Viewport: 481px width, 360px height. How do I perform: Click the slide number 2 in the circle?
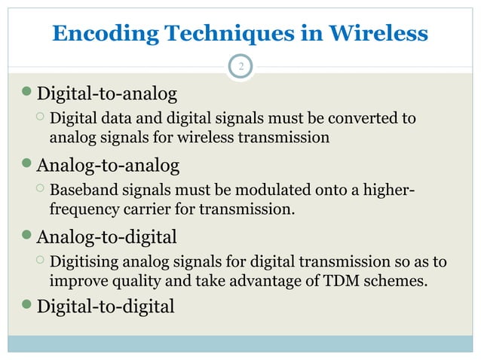pyautogui.click(x=240, y=68)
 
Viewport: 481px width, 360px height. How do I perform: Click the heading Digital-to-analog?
pyautogui.click(x=107, y=94)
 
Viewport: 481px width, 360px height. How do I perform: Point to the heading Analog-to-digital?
pyautogui.click(x=107, y=237)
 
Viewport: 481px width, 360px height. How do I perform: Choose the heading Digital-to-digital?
pyautogui.click(x=106, y=307)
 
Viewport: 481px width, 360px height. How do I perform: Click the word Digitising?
pyautogui.click(x=83, y=262)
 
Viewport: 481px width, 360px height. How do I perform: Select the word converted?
pyautogui.click(x=366, y=119)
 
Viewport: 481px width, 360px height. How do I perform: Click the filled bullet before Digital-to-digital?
pyautogui.click(x=29, y=307)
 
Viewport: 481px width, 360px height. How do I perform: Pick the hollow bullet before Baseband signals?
pyautogui.click(x=40, y=189)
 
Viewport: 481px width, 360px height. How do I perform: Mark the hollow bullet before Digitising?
pyautogui.click(x=40, y=261)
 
